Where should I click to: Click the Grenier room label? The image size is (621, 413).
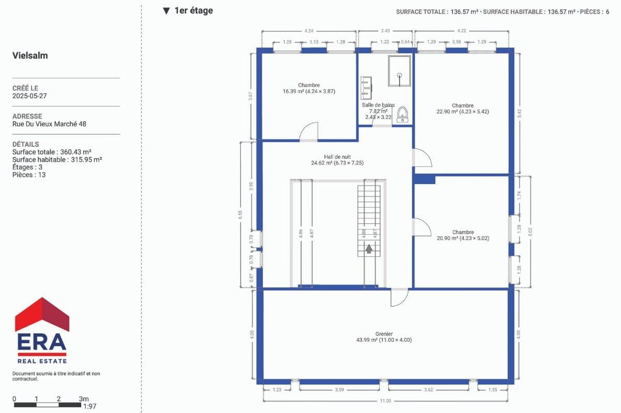383,337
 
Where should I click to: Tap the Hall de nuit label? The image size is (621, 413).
337,160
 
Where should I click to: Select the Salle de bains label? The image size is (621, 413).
378,111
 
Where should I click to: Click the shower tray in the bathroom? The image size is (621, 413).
399,71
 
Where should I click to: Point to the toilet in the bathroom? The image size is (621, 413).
402,115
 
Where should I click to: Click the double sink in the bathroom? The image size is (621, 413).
366,88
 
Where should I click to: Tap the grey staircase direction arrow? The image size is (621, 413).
368,249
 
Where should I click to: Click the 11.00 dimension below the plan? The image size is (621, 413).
386,401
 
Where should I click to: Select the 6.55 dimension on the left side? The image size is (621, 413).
240,215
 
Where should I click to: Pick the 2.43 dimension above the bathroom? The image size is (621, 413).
385,30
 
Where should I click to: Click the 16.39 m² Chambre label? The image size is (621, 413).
309,88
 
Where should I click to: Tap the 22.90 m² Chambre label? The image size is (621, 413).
463,109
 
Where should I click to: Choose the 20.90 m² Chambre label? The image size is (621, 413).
463,235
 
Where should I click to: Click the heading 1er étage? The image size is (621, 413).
194,10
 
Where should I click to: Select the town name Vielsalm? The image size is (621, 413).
30,55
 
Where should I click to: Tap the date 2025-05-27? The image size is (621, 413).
29,96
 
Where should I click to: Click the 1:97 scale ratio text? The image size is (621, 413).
90,406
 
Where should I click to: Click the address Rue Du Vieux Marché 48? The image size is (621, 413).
49,124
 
